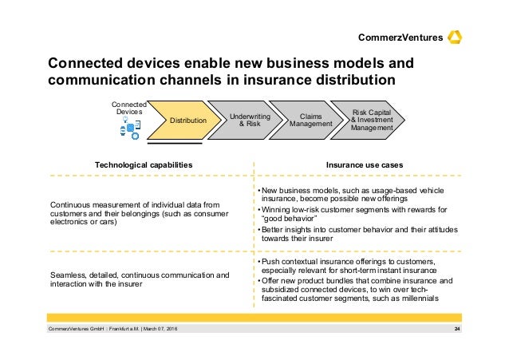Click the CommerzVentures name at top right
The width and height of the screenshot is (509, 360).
pyautogui.click(x=400, y=38)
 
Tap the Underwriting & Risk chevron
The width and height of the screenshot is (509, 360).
pyautogui.click(x=250, y=121)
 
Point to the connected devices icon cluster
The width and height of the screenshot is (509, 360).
pyautogui.click(x=128, y=128)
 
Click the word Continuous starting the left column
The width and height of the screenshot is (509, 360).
pyautogui.click(x=71, y=204)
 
